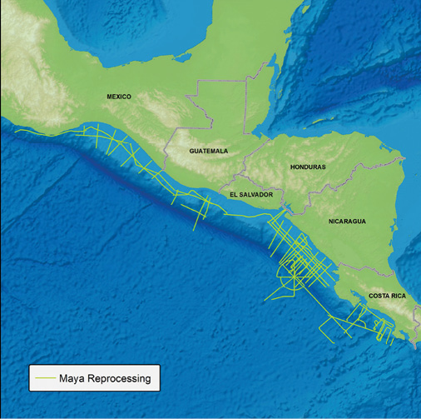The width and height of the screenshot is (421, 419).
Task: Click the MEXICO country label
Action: coord(119,97)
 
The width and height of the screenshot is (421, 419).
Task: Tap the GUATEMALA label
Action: coord(208,151)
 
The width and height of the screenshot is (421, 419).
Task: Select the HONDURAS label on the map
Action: coord(308,167)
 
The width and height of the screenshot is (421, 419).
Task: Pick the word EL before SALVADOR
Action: coord(233,194)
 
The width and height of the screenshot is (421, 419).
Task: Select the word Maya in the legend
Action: coord(72,379)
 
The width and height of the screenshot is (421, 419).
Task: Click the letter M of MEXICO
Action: coord(109,97)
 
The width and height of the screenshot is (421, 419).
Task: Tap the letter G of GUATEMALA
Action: coord(191,151)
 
